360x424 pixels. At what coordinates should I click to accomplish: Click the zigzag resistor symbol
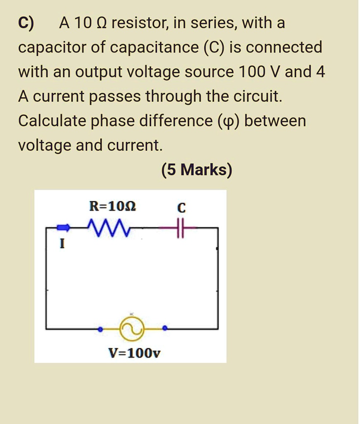pyautogui.click(x=109, y=228)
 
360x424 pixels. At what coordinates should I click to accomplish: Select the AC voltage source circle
pyautogui.click(x=132, y=328)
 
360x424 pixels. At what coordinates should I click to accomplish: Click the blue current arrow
pyautogui.click(x=63, y=227)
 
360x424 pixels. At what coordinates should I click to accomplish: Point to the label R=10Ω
pyautogui.click(x=112, y=206)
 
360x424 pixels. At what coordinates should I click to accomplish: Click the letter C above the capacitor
pyautogui.click(x=181, y=207)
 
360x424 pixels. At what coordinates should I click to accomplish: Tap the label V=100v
pyautogui.click(x=134, y=353)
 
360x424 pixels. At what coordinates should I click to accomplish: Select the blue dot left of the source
pyautogui.click(x=99, y=330)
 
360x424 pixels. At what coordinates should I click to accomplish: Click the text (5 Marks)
pyautogui.click(x=197, y=170)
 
